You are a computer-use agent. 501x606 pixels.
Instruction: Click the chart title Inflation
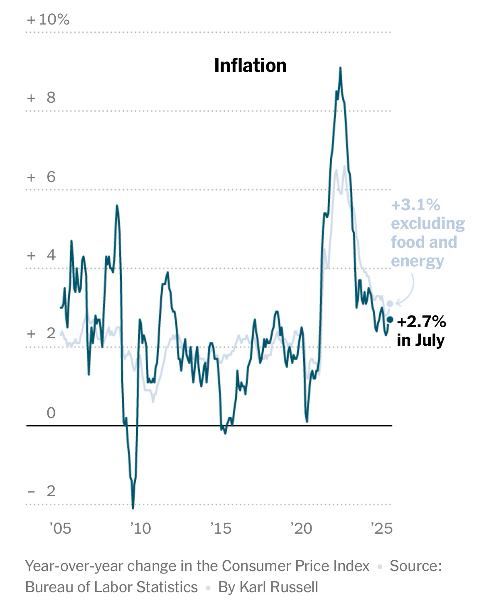click(x=250, y=66)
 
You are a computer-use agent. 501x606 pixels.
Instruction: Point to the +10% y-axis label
click(x=48, y=20)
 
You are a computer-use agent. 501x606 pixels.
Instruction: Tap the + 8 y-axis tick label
click(x=41, y=98)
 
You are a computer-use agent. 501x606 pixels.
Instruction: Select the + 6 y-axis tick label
click(x=41, y=177)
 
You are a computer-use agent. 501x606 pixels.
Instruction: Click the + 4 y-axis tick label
click(x=41, y=255)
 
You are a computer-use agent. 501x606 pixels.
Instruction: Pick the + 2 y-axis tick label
click(x=41, y=333)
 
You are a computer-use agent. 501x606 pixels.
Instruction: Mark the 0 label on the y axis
click(x=51, y=413)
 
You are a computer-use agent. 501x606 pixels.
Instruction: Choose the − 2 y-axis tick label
click(x=41, y=491)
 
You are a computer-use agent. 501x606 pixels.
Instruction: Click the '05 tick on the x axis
click(x=60, y=528)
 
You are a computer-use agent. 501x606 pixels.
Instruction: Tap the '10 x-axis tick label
click(x=140, y=528)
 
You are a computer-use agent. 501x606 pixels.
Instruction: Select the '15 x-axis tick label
click(x=221, y=528)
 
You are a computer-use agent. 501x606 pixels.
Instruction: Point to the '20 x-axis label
click(x=301, y=528)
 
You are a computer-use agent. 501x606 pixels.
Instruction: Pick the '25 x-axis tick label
click(x=381, y=528)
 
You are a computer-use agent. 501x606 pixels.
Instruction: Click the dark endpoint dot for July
click(x=390, y=319)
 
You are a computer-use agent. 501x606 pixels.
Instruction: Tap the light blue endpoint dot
click(x=390, y=304)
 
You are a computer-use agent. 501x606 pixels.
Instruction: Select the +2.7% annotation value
click(x=421, y=322)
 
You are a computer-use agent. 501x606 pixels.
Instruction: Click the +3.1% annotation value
click(x=415, y=205)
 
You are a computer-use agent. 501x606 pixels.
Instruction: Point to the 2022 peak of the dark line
click(x=340, y=69)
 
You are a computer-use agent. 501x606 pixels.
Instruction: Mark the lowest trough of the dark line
click(x=133, y=507)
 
